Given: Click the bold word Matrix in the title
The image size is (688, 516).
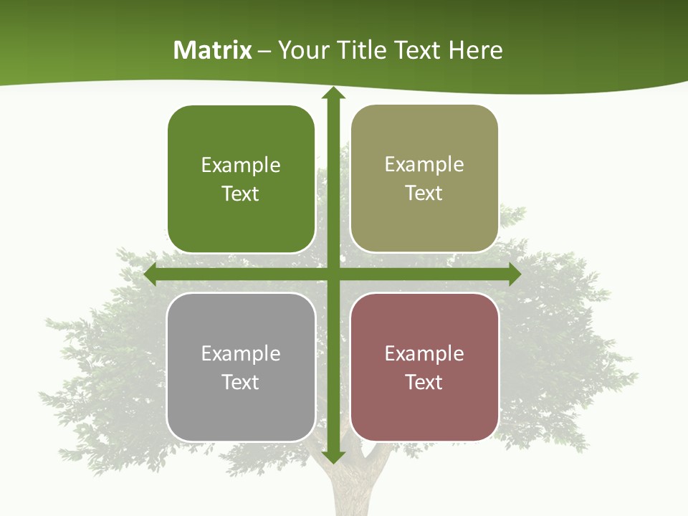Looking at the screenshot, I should click(213, 50).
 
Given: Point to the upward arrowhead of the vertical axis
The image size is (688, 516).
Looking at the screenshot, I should click(333, 94).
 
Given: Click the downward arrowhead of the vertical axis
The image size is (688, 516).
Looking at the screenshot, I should click(333, 457).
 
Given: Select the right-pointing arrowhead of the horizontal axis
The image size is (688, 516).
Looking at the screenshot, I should click(515, 274).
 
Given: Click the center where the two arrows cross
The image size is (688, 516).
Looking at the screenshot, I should click(333, 274).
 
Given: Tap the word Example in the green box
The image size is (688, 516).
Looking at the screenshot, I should click(241, 166).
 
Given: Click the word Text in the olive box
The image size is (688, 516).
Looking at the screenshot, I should click(424, 193).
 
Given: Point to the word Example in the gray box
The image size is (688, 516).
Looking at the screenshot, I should click(241, 354).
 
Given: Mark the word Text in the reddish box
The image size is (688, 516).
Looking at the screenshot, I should click(424, 382).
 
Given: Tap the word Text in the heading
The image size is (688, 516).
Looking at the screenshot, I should click(416, 50).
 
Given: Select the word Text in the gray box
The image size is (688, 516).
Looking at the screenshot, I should click(241, 382).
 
